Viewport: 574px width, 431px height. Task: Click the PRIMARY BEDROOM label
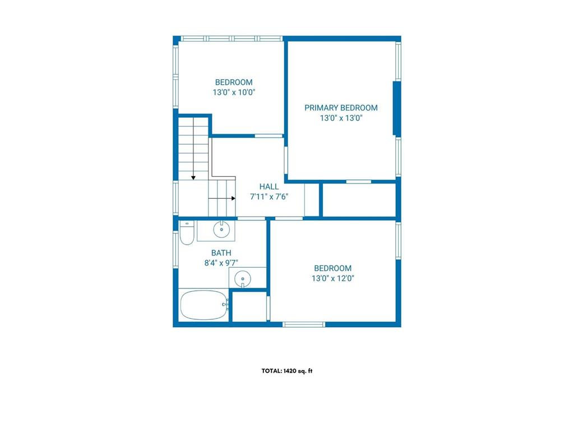click(x=341, y=108)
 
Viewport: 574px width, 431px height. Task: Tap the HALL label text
click(x=269, y=186)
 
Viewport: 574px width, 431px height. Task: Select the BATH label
click(x=221, y=253)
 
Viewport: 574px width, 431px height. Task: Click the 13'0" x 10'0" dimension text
click(x=234, y=93)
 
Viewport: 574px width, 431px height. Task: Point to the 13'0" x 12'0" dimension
click(x=333, y=278)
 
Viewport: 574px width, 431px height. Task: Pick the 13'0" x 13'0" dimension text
click(x=341, y=118)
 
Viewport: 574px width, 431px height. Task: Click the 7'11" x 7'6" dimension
click(x=269, y=197)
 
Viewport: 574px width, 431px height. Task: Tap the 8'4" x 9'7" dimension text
click(x=221, y=263)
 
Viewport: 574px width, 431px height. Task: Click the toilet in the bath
click(x=187, y=233)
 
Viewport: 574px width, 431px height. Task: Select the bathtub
click(x=204, y=305)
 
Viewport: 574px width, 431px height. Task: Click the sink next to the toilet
click(x=221, y=230)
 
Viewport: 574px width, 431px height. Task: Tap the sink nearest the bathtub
click(x=242, y=278)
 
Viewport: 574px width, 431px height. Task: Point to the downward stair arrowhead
click(x=193, y=178)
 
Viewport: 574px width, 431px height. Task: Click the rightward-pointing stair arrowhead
click(x=233, y=198)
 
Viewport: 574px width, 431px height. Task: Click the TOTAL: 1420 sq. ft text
click(x=287, y=371)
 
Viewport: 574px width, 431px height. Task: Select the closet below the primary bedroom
click(x=359, y=200)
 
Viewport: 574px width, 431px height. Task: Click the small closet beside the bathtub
click(x=249, y=307)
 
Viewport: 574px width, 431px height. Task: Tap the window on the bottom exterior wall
click(x=304, y=324)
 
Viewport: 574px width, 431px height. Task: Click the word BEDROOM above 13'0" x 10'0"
click(x=234, y=82)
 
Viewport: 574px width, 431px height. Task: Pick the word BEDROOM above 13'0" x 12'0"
click(x=333, y=268)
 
